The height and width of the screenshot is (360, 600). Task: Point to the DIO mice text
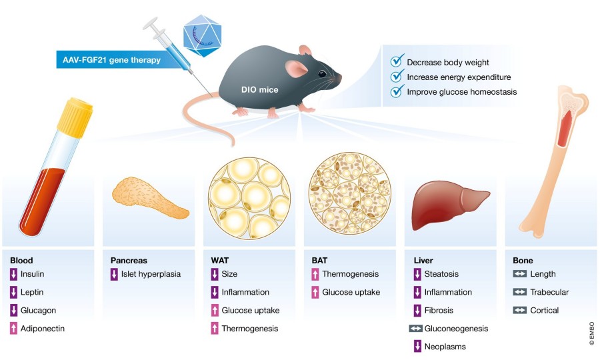pos(259,89)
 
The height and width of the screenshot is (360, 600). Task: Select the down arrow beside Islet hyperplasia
pos(115,274)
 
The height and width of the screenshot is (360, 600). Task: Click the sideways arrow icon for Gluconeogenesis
pos(415,329)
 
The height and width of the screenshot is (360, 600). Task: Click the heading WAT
pos(219,261)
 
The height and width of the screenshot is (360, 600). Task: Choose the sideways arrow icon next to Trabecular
pos(519,292)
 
